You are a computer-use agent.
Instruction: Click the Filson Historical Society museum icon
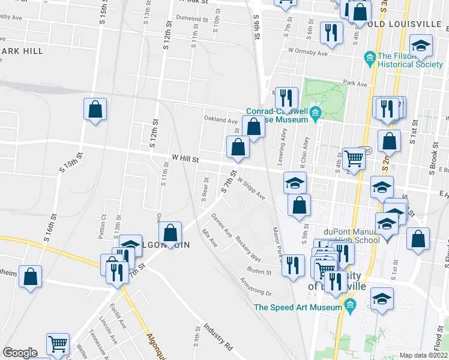(370, 58)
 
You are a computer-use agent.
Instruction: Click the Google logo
(20, 353)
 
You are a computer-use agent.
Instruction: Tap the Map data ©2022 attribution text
(424, 355)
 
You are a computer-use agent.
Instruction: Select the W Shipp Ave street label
(252, 188)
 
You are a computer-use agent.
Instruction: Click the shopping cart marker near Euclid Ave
(58, 344)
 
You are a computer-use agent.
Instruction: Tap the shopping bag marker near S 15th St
(95, 109)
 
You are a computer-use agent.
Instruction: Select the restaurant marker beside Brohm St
(292, 265)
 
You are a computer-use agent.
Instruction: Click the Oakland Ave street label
(220, 118)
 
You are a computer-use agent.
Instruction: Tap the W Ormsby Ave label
(308, 52)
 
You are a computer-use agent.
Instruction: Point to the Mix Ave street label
(210, 238)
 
